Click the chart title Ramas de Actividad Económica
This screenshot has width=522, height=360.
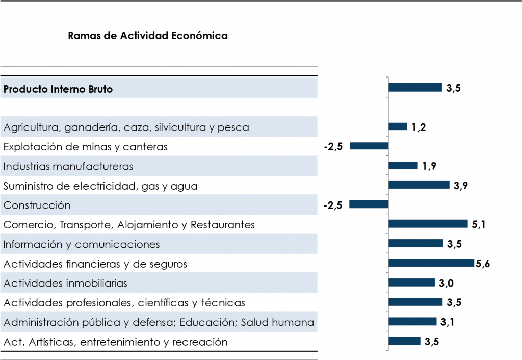147,36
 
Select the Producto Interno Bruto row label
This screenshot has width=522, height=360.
58,89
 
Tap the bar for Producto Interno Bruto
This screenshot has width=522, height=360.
415,87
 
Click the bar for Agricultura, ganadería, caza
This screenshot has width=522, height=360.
398,126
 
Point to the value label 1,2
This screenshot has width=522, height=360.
419,127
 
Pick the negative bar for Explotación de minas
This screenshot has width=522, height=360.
369,146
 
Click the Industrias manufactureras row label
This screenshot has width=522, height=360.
68,166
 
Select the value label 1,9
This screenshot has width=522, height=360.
429,166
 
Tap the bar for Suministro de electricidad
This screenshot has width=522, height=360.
419,185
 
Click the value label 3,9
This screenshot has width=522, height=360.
461,186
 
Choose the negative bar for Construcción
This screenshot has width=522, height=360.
369,204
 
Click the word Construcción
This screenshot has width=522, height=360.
37,205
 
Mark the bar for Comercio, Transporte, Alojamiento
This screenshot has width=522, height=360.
428,224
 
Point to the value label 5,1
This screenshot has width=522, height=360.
478,224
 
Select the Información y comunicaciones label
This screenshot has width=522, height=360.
82,244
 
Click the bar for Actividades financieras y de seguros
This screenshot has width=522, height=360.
431,263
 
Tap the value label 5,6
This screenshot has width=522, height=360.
483,264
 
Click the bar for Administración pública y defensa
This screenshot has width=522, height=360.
412,321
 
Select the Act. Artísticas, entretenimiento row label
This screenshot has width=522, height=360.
115,342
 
